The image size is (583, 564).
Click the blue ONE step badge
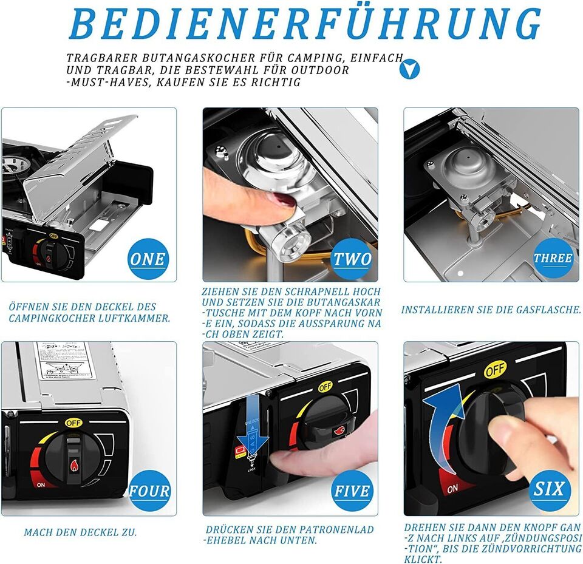click(x=147, y=259)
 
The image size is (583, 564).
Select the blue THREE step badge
click(x=553, y=258)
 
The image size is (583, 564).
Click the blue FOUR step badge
click(x=148, y=491)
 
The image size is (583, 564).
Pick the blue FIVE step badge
click(x=352, y=491)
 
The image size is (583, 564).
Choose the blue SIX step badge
click(x=550, y=488)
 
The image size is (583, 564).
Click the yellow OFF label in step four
click(x=74, y=421)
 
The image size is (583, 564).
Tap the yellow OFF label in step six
click(x=496, y=369)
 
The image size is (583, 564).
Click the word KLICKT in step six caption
click(x=421, y=559)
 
